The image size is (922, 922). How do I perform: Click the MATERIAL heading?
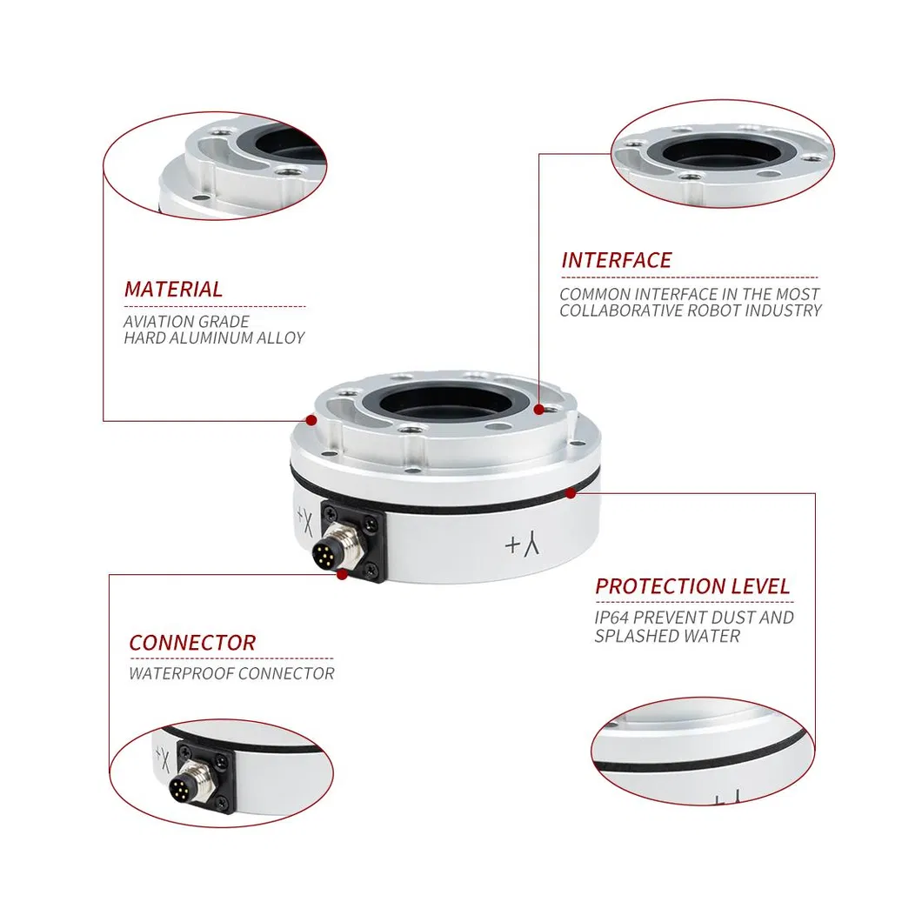coord(173,290)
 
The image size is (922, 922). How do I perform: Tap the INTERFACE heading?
coord(616,260)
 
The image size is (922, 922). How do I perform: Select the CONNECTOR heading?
coord(192,643)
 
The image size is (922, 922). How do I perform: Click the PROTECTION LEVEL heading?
coord(692,586)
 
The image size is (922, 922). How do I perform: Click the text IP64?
coord(611,618)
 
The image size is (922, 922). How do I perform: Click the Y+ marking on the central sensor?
coord(522,544)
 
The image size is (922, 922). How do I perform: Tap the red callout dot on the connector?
coord(342,574)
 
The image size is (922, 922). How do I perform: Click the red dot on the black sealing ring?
coord(571,493)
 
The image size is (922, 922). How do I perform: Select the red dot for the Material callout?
coord(311,420)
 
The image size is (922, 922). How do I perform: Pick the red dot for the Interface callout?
coord(538,410)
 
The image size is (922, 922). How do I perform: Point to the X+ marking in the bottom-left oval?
coord(163,760)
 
